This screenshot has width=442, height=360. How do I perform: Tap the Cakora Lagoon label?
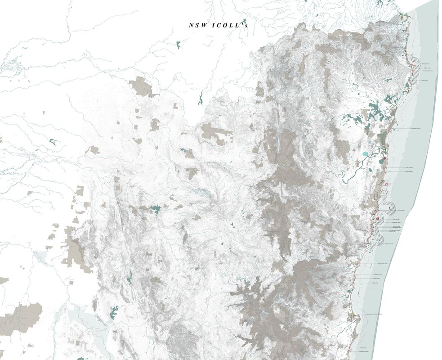pyautogui.click(x=409, y=171)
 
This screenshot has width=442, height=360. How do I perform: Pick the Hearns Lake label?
pyautogui.click(x=392, y=232)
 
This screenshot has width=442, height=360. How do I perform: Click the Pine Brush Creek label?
pyautogui.click(x=389, y=244)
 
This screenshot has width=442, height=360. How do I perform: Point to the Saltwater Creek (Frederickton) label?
pyautogui.click(x=374, y=315)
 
